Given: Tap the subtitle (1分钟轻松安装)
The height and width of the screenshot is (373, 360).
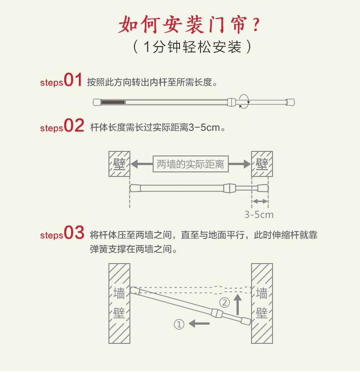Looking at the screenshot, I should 191,47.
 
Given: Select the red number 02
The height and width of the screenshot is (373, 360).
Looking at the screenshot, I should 74,125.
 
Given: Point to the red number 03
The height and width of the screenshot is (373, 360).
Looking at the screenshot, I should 74,233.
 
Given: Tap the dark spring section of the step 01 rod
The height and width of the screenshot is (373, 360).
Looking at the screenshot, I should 112,102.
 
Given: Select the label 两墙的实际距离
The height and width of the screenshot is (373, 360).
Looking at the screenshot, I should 191,164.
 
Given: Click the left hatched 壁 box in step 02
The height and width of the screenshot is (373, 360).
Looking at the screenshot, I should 119,164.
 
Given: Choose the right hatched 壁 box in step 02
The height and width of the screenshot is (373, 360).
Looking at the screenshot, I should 262,164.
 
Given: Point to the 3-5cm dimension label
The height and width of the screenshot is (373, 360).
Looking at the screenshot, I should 259,214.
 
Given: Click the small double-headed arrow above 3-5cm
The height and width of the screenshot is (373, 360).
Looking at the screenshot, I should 260,201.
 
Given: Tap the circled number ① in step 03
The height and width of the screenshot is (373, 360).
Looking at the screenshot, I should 179,324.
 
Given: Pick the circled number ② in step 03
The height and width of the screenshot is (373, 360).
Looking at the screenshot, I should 224,302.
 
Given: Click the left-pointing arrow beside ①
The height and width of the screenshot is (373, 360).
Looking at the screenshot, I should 200,324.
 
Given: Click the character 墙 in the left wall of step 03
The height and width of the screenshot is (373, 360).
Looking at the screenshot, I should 119,293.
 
